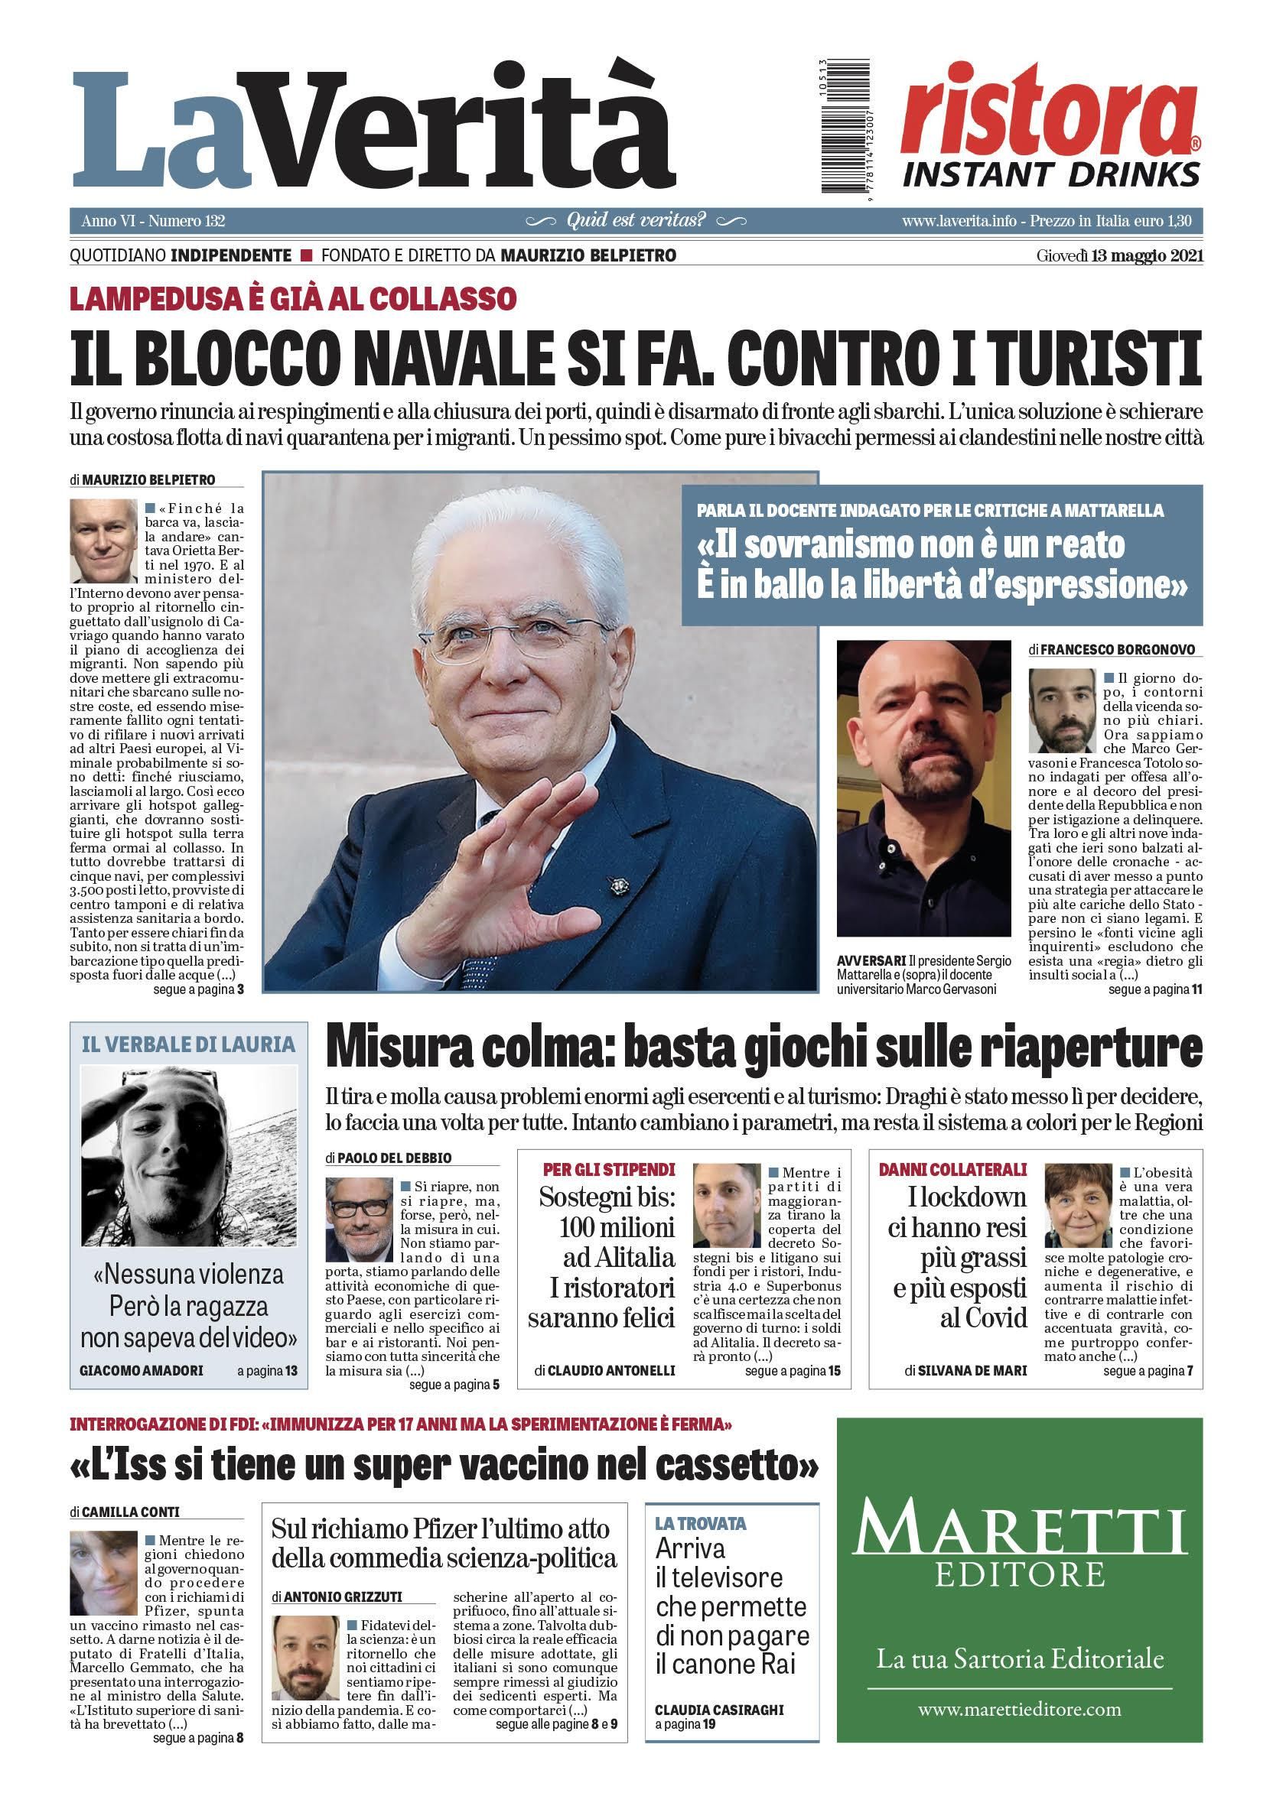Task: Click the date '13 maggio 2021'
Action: [x=1146, y=256]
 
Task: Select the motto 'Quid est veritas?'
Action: [x=636, y=220]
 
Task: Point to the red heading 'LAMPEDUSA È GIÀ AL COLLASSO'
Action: [x=293, y=298]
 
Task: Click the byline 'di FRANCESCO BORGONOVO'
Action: [x=1111, y=650]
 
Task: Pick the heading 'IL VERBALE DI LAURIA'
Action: [x=188, y=1044]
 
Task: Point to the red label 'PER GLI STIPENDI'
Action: [x=609, y=1169]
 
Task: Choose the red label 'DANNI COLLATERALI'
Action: [x=952, y=1169]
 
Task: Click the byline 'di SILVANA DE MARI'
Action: [x=965, y=1369]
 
